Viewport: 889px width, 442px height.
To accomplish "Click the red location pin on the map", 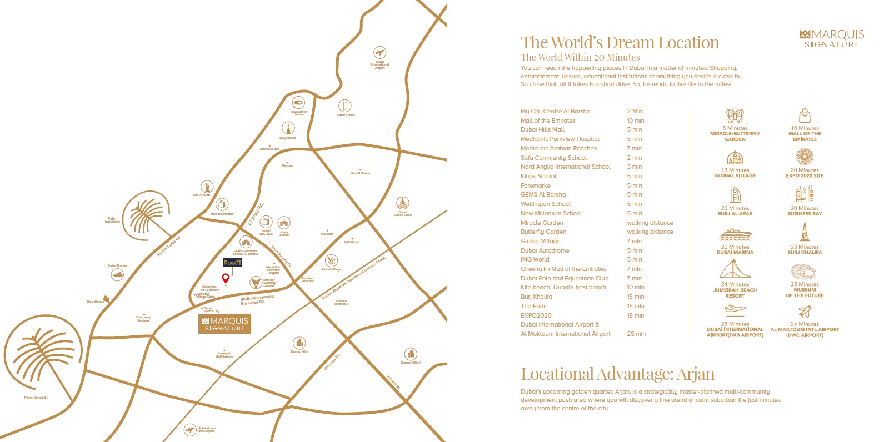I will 226,278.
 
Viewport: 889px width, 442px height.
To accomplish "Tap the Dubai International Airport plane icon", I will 379,53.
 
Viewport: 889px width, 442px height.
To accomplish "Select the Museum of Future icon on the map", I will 298,103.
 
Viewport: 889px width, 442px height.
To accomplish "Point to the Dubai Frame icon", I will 345,106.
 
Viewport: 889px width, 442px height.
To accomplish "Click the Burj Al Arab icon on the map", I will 207,187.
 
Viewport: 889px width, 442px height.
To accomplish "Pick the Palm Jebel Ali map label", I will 36,398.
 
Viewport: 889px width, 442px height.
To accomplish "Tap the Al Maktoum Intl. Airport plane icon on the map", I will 190,430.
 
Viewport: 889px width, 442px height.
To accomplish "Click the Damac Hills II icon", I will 411,354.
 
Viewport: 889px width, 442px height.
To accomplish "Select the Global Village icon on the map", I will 331,260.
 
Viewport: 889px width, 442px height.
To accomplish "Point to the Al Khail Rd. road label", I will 256,214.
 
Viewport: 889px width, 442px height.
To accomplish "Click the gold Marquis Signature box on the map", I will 224,324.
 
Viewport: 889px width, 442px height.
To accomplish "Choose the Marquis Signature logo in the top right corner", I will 832,38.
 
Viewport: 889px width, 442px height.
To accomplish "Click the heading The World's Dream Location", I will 620,43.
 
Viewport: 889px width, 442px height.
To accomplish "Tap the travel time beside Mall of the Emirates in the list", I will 636,120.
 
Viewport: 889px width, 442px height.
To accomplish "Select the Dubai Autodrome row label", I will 545,250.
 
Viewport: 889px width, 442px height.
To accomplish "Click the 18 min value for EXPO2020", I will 636,315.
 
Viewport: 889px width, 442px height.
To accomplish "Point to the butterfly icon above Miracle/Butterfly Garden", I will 735,116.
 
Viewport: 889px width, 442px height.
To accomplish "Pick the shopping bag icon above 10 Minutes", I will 805,115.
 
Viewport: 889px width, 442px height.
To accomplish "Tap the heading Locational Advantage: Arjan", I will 617,374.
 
